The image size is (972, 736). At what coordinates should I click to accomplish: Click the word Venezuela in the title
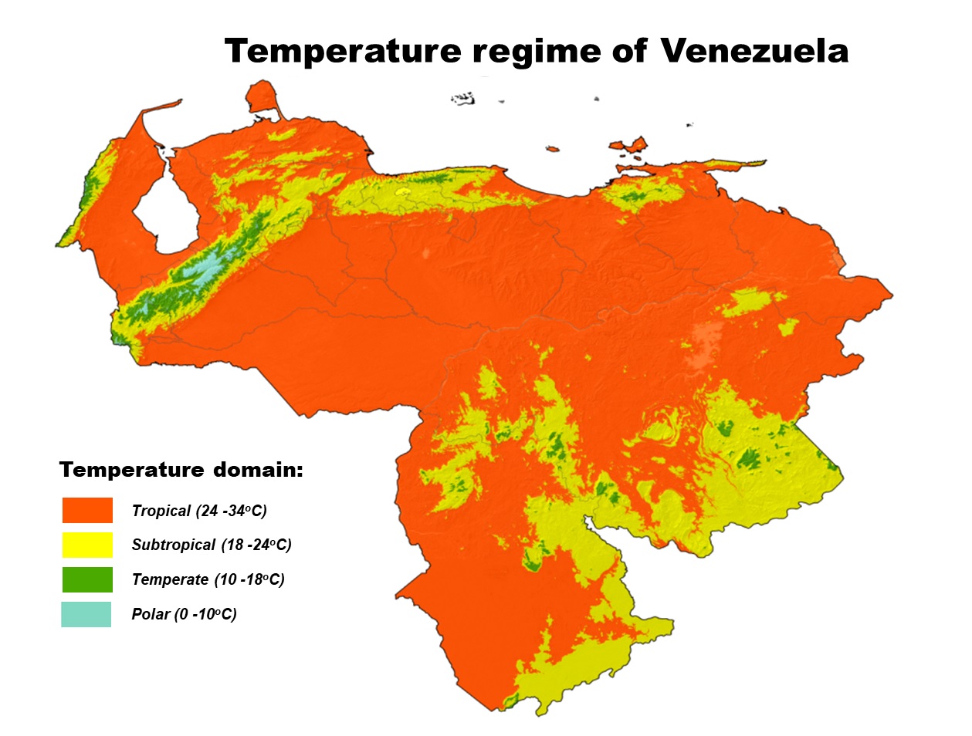754,51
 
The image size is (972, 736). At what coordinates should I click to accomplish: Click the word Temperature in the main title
343,52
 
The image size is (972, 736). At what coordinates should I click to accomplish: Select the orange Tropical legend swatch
87,511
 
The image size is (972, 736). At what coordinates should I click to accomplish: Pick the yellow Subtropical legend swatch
87,545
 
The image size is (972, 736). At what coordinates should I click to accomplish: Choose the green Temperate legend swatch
87,579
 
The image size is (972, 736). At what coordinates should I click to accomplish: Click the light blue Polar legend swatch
86,614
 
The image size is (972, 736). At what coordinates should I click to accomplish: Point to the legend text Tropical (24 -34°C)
199,511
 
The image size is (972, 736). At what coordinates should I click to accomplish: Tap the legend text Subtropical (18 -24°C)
212,545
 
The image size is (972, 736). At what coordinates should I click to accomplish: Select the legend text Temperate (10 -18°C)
208,579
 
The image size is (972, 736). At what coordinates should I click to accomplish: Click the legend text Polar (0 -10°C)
184,614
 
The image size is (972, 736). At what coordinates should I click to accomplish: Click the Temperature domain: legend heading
181,470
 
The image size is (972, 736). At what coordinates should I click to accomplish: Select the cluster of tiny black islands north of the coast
463,98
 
